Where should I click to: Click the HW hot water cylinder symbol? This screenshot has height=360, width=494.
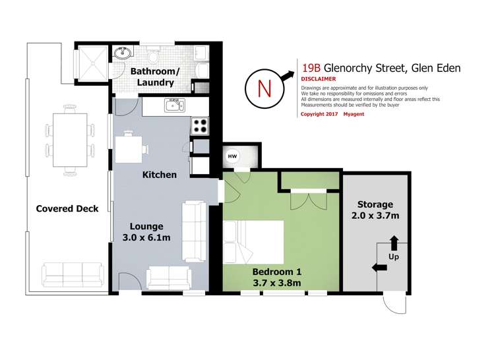pyautogui.click(x=232, y=156)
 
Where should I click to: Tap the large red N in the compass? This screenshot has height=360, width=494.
pyautogui.click(x=264, y=88)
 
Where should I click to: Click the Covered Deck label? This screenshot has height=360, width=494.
pyautogui.click(x=67, y=208)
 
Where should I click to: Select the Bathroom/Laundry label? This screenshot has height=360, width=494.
pyautogui.click(x=155, y=77)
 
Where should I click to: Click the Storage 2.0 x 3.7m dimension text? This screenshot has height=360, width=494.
pyautogui.click(x=375, y=216)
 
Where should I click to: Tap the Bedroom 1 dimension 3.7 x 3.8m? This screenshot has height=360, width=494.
pyautogui.click(x=277, y=283)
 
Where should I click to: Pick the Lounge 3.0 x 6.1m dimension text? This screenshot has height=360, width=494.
pyautogui.click(x=146, y=237)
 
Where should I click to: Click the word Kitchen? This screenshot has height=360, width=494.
pyautogui.click(x=160, y=175)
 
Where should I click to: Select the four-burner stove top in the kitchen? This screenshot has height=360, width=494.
pyautogui.click(x=200, y=126)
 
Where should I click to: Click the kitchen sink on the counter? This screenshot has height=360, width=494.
pyautogui.click(x=175, y=105)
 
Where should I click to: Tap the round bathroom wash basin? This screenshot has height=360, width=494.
pyautogui.click(x=123, y=53)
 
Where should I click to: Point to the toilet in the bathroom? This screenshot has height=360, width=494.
pyautogui.click(x=154, y=55)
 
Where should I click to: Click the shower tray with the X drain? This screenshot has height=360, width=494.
pyautogui.click(x=93, y=63)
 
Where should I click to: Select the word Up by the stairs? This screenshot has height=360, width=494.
pyautogui.click(x=394, y=257)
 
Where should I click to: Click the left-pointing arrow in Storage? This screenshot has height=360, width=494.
pyautogui.click(x=379, y=268)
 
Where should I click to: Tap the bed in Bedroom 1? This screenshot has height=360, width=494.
pyautogui.click(x=253, y=242)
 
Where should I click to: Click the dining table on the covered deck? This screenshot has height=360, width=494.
pyautogui.click(x=70, y=140)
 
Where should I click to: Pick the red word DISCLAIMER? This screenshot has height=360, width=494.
pyautogui.click(x=318, y=79)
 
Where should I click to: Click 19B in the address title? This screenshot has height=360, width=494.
pyautogui.click(x=311, y=68)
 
